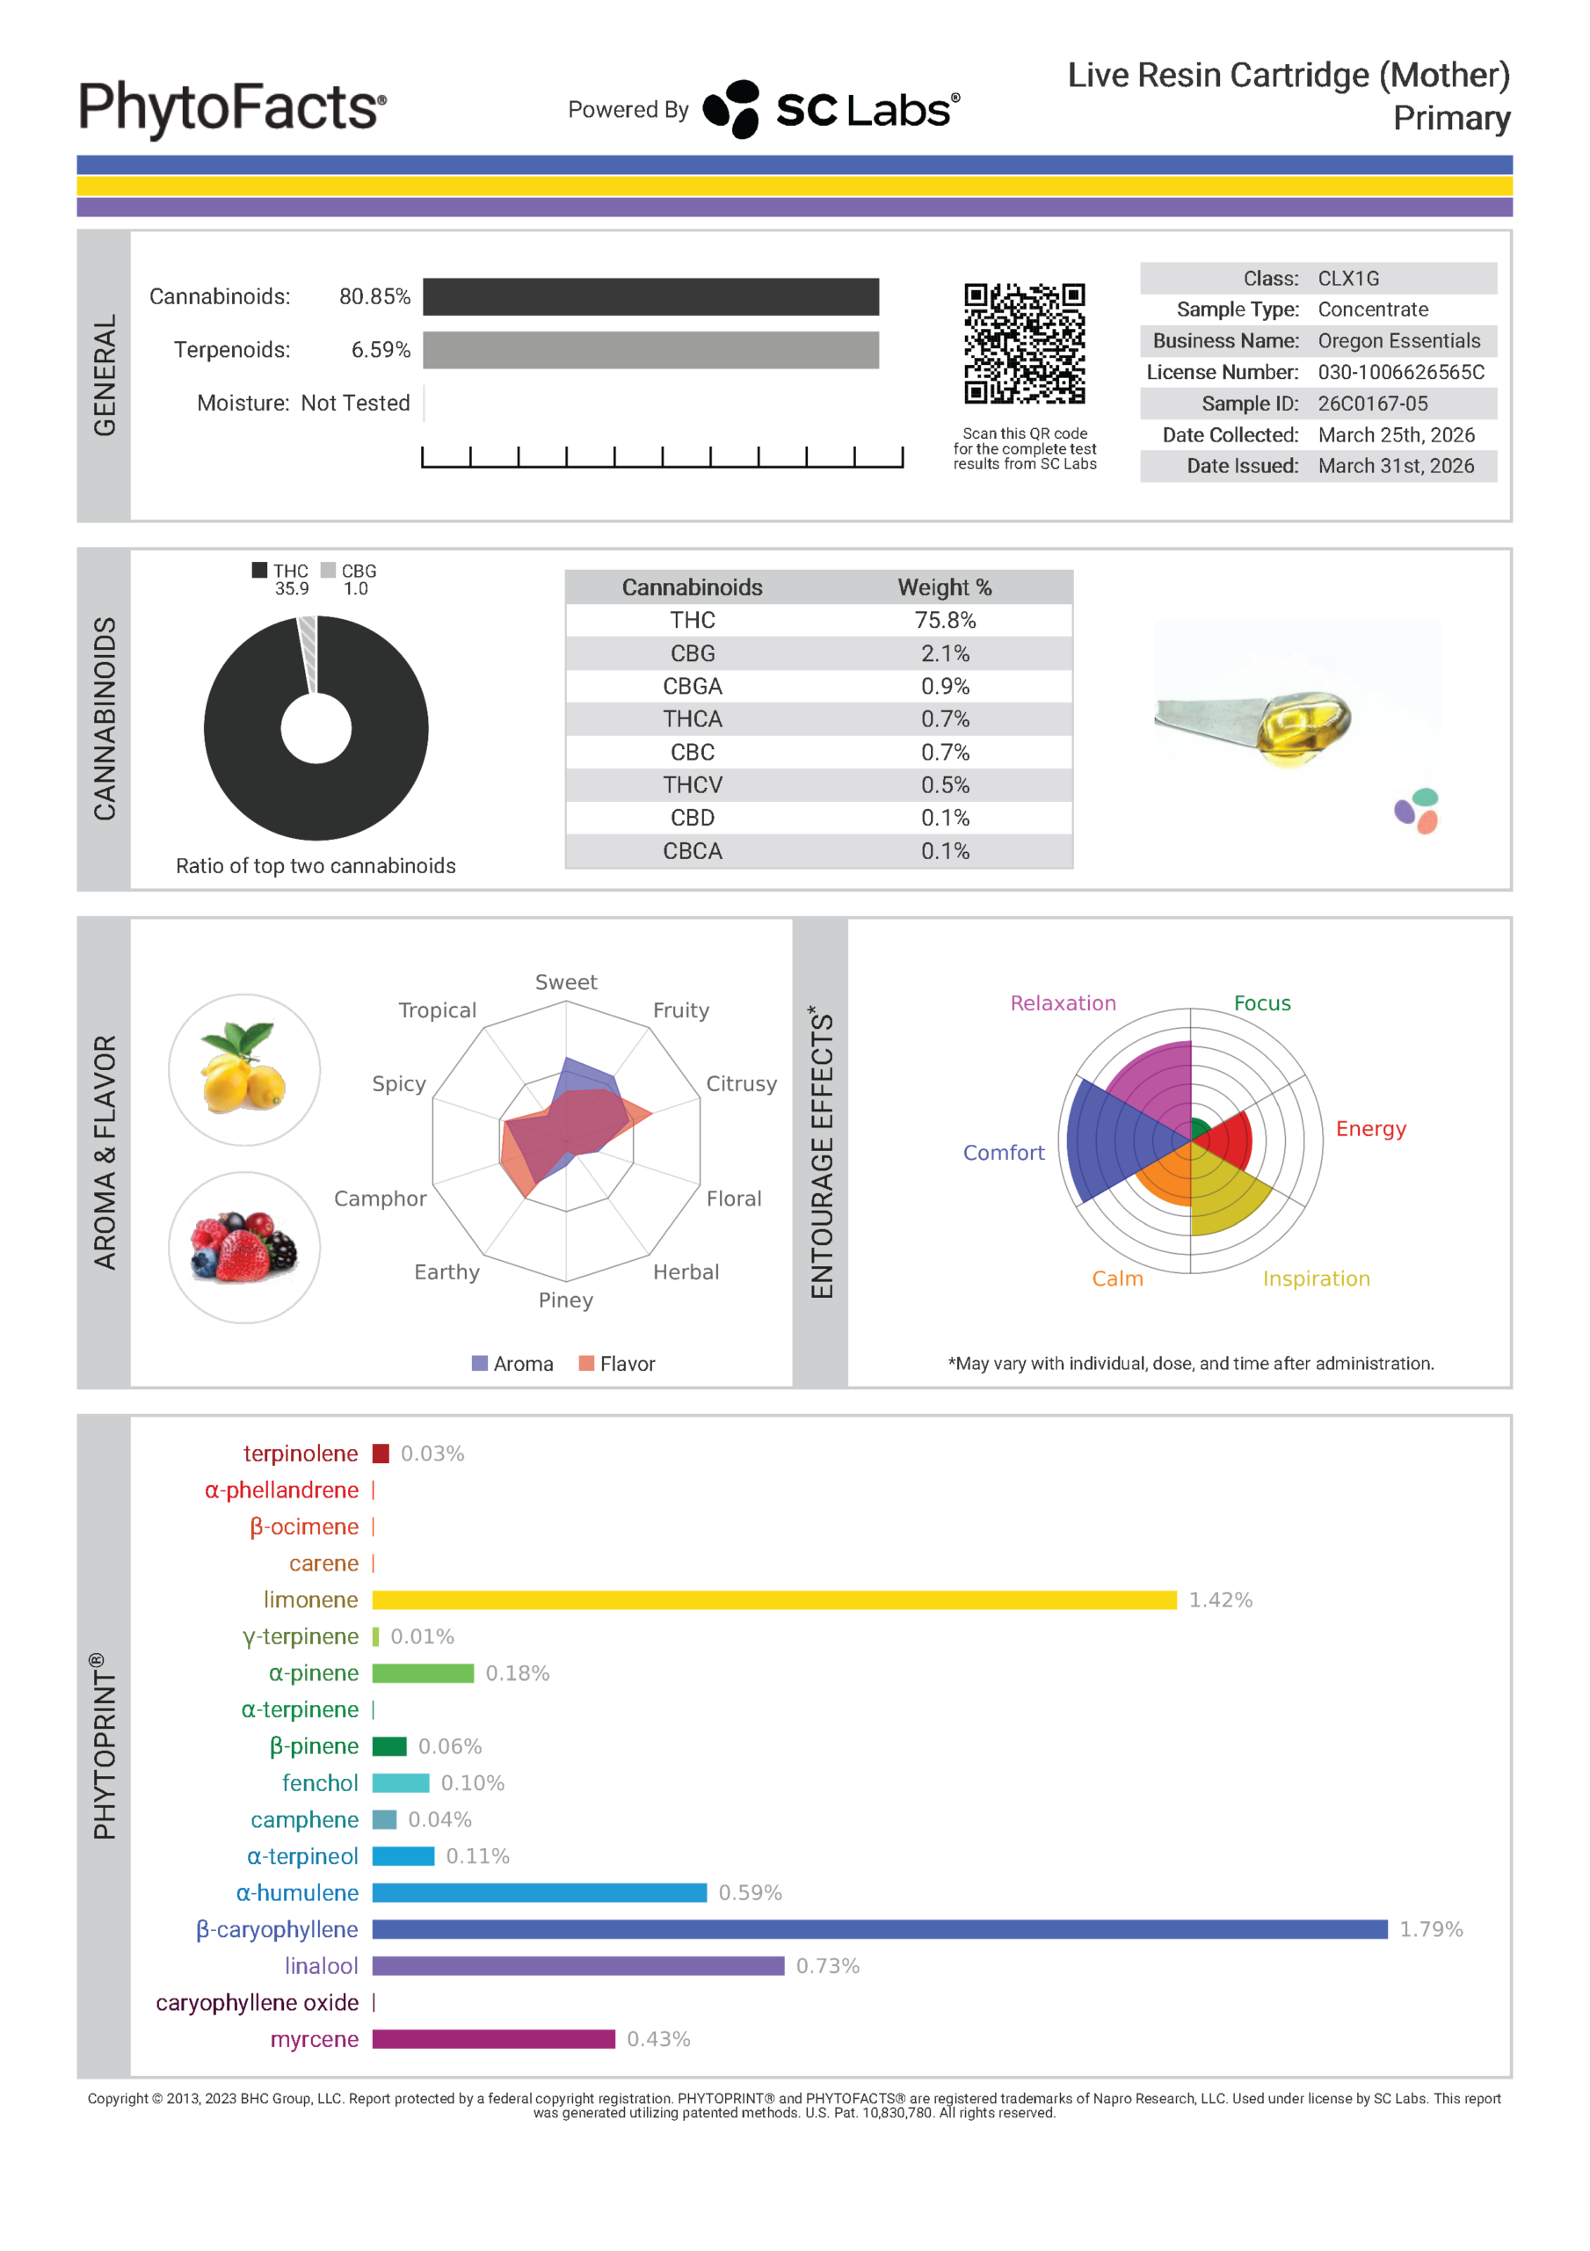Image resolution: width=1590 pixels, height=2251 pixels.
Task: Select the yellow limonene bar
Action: (773, 1600)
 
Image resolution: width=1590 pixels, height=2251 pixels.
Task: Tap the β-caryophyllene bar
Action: (879, 1929)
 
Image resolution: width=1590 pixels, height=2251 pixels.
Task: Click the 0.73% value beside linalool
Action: (827, 1966)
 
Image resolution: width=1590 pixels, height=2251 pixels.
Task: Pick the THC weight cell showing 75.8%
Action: (945, 621)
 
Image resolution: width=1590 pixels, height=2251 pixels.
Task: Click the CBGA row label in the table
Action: (692, 686)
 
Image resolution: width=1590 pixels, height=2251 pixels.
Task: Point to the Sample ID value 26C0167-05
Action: (1372, 403)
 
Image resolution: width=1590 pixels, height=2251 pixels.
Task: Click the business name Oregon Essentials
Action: (1399, 340)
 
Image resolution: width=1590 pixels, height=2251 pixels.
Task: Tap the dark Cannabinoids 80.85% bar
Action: (651, 297)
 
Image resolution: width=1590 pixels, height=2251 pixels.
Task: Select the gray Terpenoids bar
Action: (651, 350)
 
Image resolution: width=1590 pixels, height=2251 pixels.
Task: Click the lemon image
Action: (244, 1069)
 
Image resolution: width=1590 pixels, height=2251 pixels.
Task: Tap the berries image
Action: (244, 1247)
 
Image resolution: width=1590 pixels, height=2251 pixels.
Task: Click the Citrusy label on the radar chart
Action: (741, 1083)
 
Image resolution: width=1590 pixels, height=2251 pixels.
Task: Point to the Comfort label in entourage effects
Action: (1003, 1153)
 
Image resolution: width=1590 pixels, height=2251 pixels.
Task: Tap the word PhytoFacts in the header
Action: (232, 108)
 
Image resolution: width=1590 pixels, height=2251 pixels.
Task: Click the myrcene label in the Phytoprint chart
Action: (314, 2039)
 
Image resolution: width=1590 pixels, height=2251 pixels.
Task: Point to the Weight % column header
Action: (945, 587)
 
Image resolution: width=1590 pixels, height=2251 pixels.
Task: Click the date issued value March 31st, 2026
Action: (1396, 466)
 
